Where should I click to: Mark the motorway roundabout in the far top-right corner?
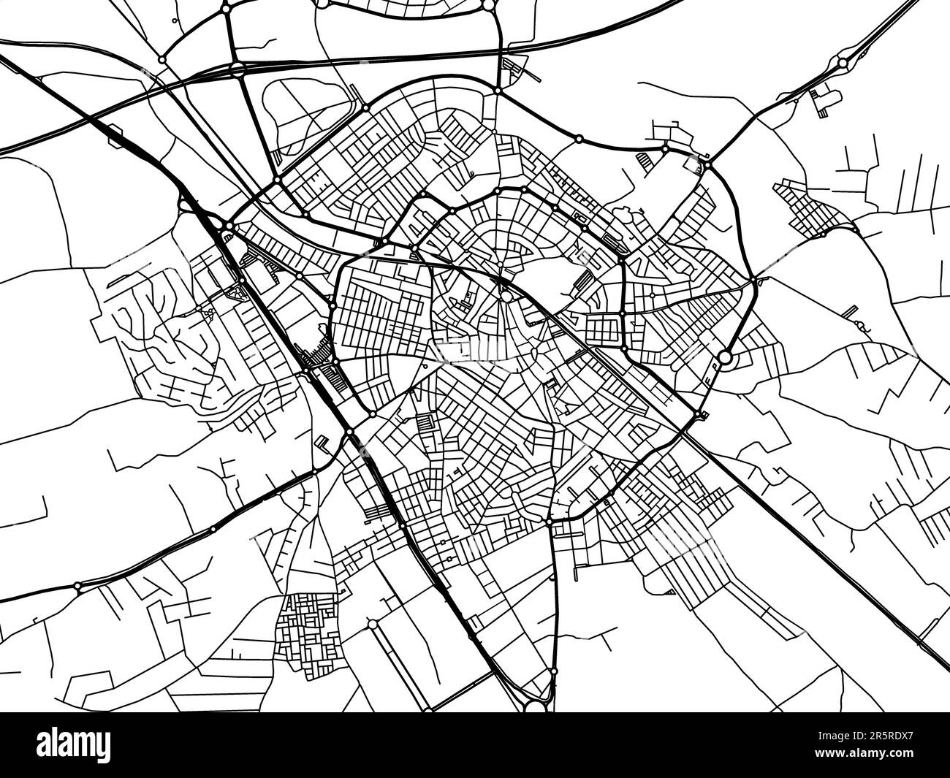[843, 64]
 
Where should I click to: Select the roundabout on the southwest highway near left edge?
[77, 586]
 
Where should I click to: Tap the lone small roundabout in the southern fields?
[373, 625]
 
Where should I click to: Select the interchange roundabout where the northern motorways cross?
[237, 70]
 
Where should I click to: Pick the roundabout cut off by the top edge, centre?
[488, 5]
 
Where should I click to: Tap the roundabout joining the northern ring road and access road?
[497, 91]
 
